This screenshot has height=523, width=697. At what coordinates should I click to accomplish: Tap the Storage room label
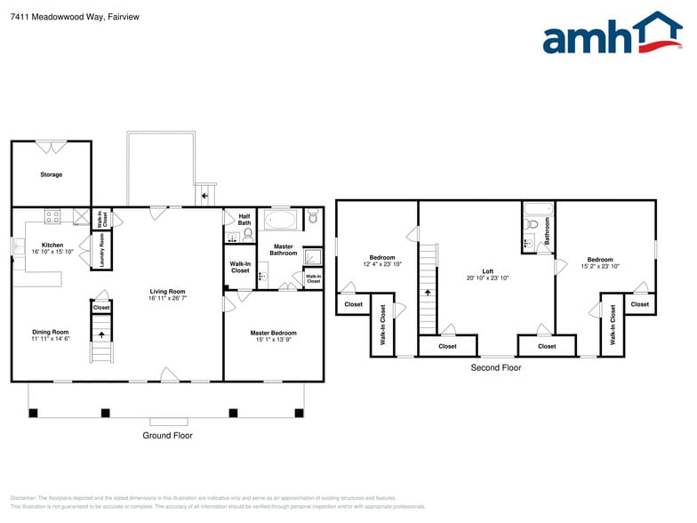(51, 174)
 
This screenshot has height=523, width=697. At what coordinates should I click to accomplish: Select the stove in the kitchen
(52, 215)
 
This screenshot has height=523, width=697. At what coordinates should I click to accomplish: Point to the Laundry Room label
(102, 251)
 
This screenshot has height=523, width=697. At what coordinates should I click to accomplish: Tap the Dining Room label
(51, 332)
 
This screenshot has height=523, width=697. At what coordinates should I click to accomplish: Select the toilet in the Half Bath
(248, 235)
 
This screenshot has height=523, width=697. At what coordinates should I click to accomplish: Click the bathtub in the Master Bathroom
(282, 220)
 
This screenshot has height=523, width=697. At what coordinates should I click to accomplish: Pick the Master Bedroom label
(273, 333)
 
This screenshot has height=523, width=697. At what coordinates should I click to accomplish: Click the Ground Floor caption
(167, 436)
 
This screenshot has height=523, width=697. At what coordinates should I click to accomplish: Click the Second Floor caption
(496, 367)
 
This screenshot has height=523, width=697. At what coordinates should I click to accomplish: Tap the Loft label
(487, 271)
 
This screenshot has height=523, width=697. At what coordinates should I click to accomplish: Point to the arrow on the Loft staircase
(429, 291)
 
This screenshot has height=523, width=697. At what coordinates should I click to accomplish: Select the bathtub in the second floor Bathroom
(537, 210)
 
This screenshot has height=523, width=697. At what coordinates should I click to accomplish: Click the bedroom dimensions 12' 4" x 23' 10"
(382, 264)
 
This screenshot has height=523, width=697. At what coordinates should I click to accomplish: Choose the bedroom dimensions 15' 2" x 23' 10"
(600, 266)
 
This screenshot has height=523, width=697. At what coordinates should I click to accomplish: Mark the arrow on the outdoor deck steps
(206, 195)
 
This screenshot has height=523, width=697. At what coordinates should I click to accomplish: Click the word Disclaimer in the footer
(27, 498)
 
